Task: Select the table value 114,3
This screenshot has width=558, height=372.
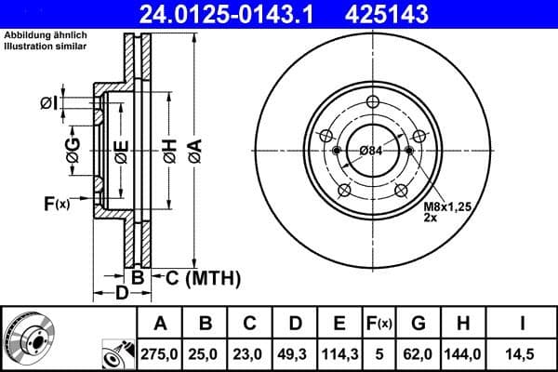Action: point(339,353)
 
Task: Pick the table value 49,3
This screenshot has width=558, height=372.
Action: point(293,353)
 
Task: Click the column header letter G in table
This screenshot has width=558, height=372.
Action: point(418,323)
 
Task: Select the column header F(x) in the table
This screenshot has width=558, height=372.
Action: point(380,323)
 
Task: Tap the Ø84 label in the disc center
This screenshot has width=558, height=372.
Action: point(371,151)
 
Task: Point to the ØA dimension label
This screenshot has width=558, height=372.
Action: point(193,148)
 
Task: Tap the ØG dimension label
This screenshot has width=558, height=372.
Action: point(73,149)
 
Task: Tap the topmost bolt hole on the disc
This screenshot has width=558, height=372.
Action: point(373,101)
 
